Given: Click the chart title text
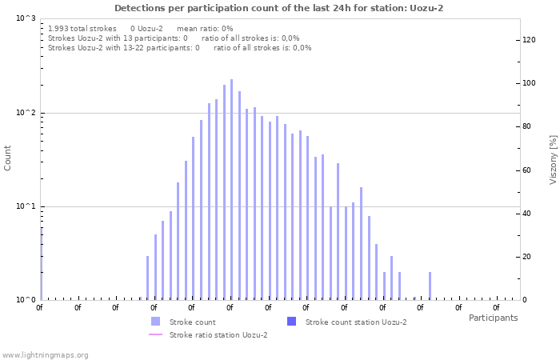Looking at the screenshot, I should [278, 8].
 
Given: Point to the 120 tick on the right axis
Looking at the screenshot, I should [528, 39].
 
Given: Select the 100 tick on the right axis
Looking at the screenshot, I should [528, 83].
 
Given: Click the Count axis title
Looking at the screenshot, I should [8, 158].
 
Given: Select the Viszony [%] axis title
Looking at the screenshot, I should [552, 159].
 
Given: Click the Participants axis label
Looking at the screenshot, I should [493, 318].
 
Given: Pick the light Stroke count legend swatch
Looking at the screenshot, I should [155, 322].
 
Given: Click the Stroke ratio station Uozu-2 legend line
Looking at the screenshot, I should [155, 334].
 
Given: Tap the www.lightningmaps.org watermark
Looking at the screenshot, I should [45, 354].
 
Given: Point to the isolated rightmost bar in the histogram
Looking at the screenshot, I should [430, 286].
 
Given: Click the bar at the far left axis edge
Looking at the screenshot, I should [41, 264].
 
